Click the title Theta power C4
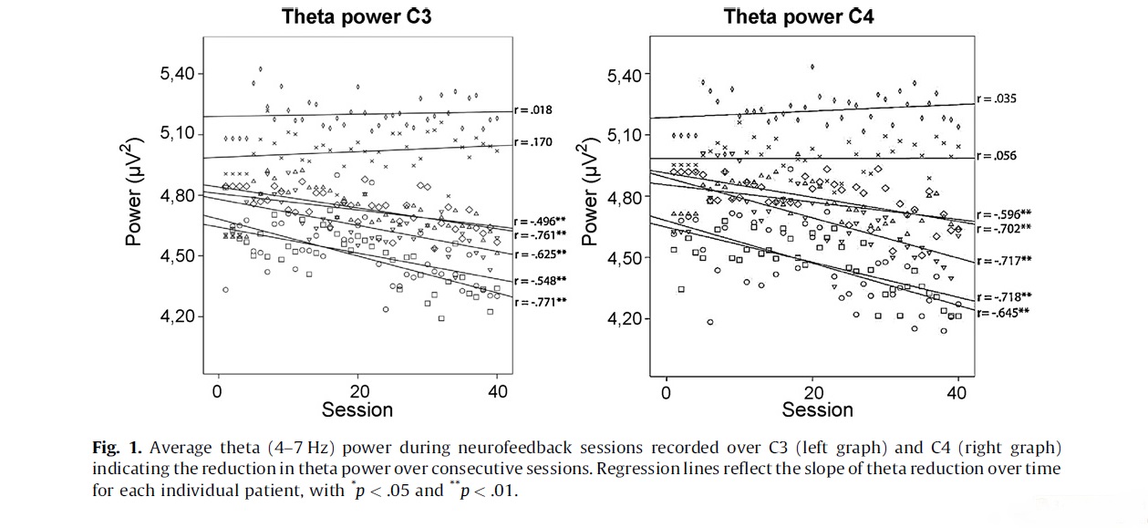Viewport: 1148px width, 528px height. [x=799, y=16]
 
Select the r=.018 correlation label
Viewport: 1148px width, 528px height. [x=533, y=110]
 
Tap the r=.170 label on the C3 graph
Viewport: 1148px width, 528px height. [x=533, y=142]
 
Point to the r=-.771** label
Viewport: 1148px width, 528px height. [x=541, y=302]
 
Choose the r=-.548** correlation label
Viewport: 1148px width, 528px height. [x=541, y=281]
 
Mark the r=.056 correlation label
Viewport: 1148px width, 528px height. [x=997, y=156]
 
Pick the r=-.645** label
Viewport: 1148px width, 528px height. [x=1004, y=313]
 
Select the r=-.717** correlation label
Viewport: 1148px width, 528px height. [x=1004, y=260]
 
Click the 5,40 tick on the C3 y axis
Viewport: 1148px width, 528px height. [x=178, y=74]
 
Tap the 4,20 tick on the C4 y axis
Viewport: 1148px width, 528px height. [x=626, y=318]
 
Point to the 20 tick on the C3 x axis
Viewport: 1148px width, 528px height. [x=357, y=391]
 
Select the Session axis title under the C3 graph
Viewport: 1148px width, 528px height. [x=357, y=410]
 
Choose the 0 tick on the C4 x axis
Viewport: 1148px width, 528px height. [x=667, y=393]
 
